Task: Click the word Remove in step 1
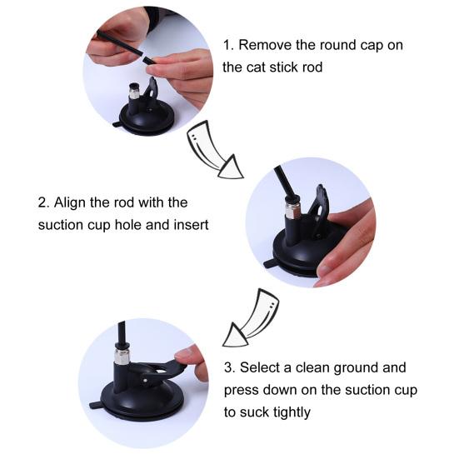tap(272, 45)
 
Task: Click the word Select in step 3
tap(263, 367)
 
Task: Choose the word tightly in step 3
tap(292, 411)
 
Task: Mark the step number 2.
tap(42, 202)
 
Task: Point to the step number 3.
tap(229, 367)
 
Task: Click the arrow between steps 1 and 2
tap(214, 148)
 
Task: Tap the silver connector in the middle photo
tap(292, 207)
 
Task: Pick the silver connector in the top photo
tap(133, 90)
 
